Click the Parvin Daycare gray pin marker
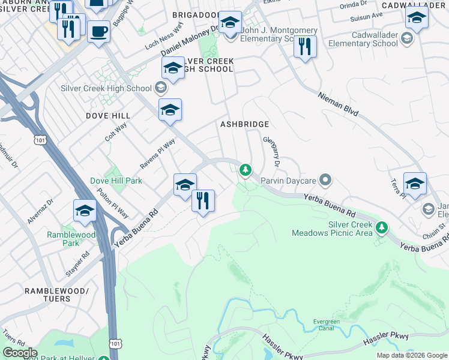point(325,179)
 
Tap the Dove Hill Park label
point(116,180)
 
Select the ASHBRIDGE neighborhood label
point(244,124)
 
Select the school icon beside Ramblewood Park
point(85,211)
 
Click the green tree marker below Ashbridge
point(245,170)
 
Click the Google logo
point(20,352)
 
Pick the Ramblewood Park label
point(63,239)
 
